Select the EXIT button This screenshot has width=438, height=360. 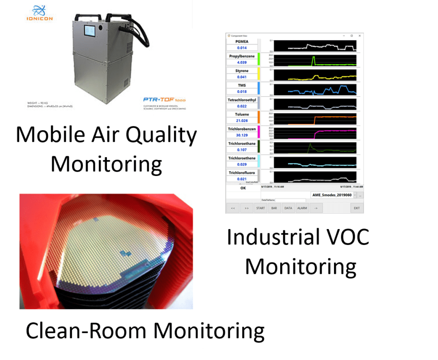pos(356,208)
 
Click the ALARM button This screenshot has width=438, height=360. pos(302,208)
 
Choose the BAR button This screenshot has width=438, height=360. pos(274,208)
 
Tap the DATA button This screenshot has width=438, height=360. pos(288,208)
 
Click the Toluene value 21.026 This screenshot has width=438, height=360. pos(242,120)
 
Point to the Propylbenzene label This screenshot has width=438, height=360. pos(242,56)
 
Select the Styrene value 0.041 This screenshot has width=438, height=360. pos(242,77)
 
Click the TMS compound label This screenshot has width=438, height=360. pos(242,85)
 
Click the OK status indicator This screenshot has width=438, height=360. pos(243,187)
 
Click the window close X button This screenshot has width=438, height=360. pos(360,36)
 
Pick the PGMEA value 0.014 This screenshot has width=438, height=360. pos(242,48)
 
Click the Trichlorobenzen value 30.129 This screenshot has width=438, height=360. pos(242,135)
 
